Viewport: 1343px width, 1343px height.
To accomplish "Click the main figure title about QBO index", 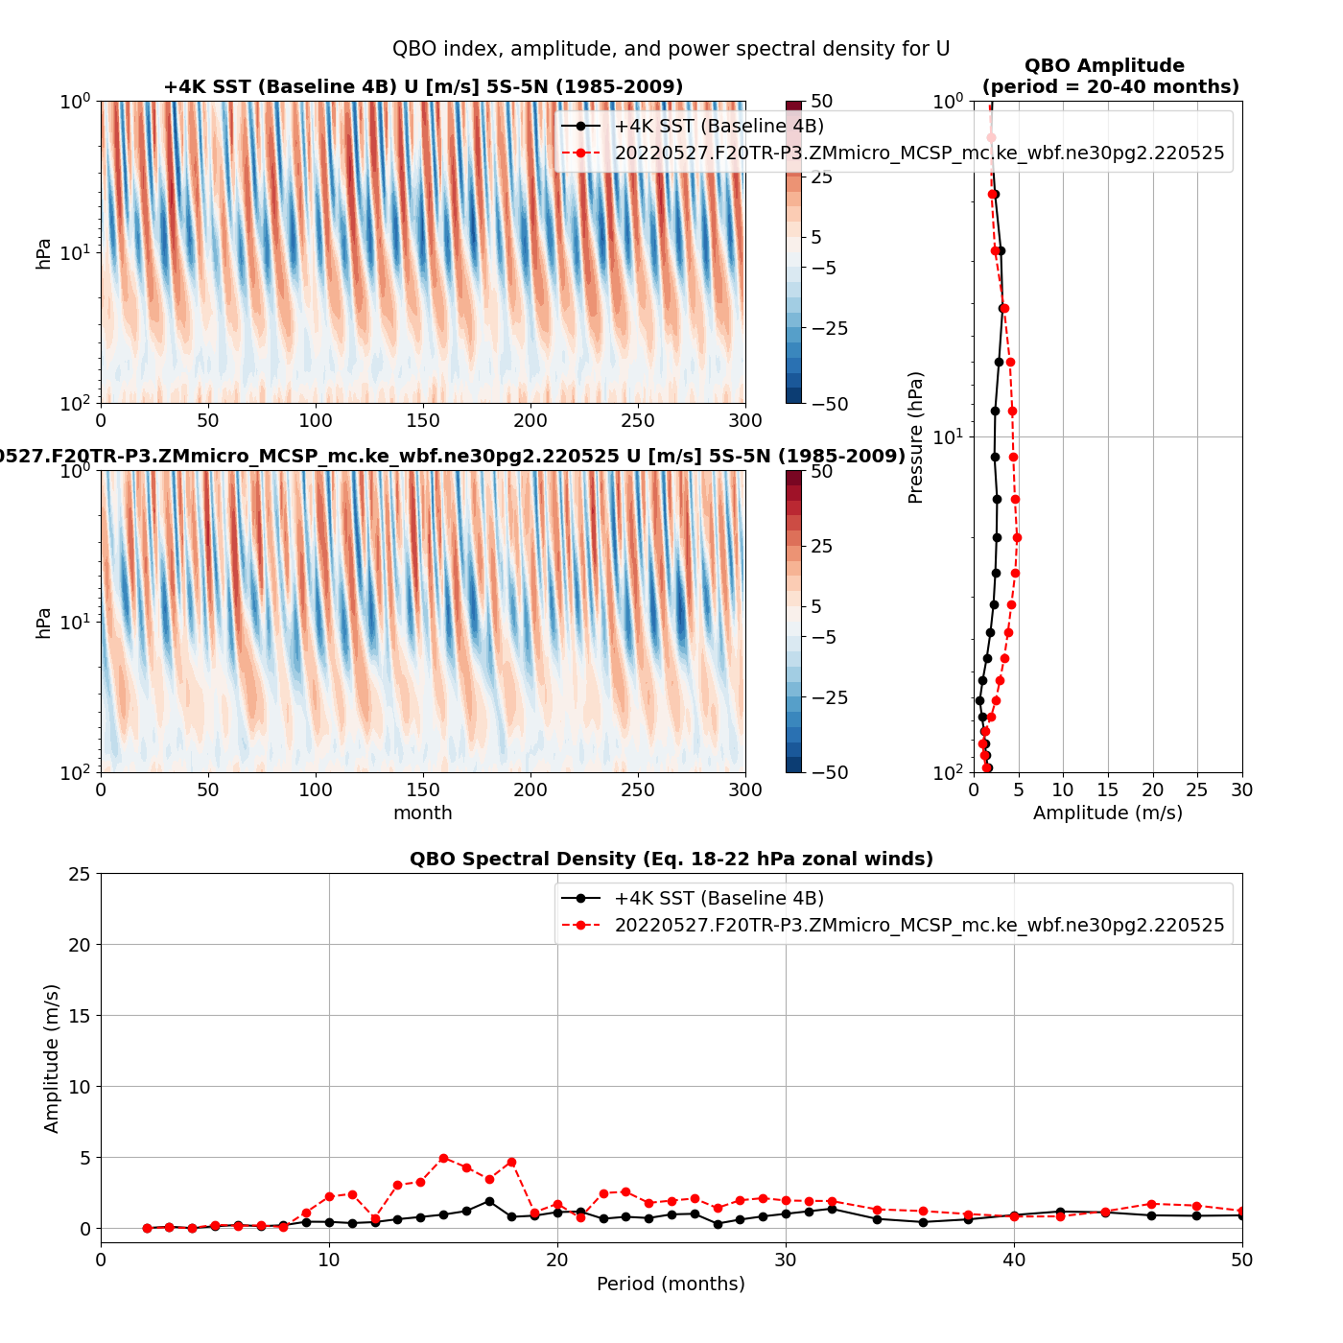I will click(671, 49).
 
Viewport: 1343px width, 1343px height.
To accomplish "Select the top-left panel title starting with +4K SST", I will click(423, 87).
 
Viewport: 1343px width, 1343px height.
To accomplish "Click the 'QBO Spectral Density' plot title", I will click(671, 860).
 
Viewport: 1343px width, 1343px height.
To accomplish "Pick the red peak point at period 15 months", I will click(443, 1158).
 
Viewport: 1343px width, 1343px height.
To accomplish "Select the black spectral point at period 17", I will click(489, 1201).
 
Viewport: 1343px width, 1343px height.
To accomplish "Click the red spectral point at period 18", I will click(511, 1162).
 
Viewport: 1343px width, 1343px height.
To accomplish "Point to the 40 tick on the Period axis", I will click(1014, 1260).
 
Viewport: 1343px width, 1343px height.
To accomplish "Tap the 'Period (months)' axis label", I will click(671, 1284).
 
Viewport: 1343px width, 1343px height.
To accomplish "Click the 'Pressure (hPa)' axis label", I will click(915, 437).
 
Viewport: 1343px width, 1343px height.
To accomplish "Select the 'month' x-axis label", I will click(423, 813).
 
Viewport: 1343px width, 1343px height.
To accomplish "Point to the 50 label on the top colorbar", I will click(821, 102).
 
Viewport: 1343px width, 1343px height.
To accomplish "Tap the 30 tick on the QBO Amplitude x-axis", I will click(1241, 789).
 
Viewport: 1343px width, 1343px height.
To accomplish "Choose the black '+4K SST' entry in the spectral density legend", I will click(719, 898).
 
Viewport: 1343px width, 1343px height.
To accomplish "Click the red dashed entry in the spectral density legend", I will click(918, 925).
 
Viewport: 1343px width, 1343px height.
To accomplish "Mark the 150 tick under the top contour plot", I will click(423, 420).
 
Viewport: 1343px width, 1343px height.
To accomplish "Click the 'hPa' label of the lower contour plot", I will click(43, 623).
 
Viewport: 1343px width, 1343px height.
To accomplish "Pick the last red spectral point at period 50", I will click(1241, 1211).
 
